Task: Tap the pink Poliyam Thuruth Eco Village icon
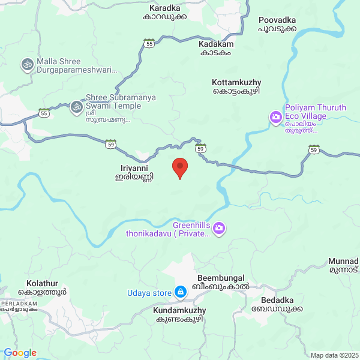(276, 116)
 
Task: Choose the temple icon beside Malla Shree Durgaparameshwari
(27, 63)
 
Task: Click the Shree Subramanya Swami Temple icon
(76, 107)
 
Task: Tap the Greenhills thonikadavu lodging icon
(220, 227)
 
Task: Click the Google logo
(20, 353)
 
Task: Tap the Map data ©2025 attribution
(334, 355)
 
